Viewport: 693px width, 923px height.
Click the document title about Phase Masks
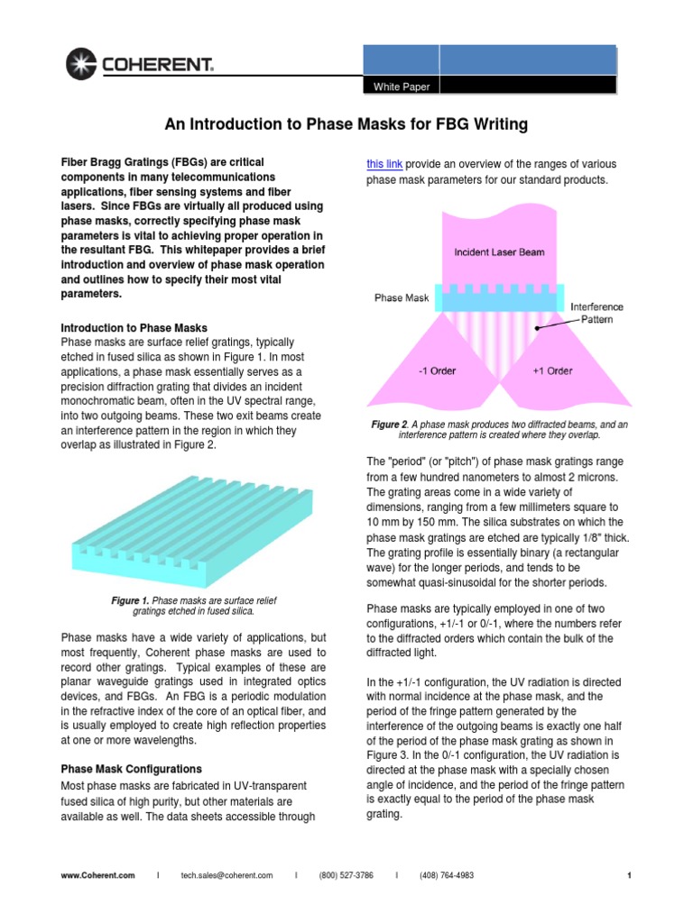[346, 123]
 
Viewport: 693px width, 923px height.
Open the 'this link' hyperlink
[384, 164]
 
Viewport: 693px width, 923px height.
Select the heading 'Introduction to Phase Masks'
[134, 327]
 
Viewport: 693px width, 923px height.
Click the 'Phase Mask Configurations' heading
[131, 769]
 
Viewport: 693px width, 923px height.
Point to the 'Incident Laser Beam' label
[499, 252]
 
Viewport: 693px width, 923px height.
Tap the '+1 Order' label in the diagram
[552, 370]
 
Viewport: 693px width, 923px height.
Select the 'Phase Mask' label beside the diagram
[402, 297]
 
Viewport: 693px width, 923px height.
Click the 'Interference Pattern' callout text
[596, 313]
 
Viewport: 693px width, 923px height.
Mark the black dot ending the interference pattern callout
[537, 328]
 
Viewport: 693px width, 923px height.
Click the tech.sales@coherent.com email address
[226, 875]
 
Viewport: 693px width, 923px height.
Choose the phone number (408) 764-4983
[446, 875]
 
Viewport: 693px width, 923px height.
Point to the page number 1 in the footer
[628, 875]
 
